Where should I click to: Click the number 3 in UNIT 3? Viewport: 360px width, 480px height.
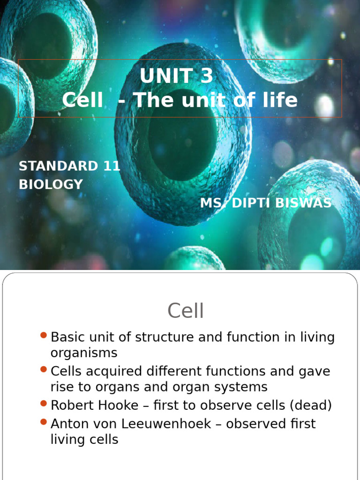[x=207, y=76]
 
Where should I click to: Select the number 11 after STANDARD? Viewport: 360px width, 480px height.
[x=111, y=166]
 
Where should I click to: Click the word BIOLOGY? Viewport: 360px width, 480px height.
[x=51, y=184]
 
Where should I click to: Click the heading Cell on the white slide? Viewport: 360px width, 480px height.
[x=186, y=311]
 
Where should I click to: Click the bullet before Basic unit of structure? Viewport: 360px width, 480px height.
[x=44, y=335]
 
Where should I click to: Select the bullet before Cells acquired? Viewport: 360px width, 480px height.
[x=44, y=370]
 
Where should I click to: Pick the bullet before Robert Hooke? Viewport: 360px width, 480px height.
[x=44, y=404]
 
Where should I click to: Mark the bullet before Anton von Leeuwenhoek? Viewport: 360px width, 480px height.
[x=44, y=422]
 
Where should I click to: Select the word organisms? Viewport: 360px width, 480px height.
[x=84, y=352]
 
